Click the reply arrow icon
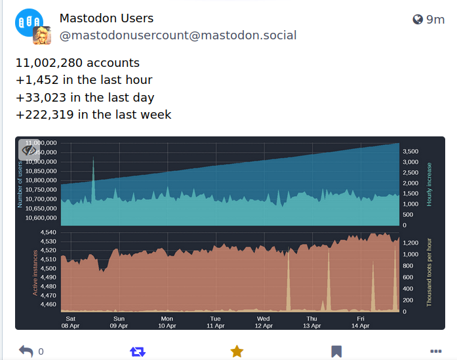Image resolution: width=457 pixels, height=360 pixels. pos(26,351)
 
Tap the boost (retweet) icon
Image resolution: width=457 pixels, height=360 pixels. pos(137,351)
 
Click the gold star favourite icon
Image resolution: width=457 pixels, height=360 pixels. pos(237,351)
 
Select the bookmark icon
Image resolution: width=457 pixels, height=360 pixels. pos(336,351)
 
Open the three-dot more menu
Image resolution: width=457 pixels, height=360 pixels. pos(435,351)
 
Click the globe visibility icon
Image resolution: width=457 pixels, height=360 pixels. pos(418,20)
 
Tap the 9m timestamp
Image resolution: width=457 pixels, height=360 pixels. pos(435,20)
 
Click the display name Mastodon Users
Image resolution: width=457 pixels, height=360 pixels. pos(106,18)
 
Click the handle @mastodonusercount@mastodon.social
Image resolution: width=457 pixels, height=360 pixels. pos(178,35)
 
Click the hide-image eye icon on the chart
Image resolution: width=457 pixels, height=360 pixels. pos(30,150)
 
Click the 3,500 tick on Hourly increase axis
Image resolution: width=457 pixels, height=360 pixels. pos(410,151)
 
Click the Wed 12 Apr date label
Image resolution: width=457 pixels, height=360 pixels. pos(263,322)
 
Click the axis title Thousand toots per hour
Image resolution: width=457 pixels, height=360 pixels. pos(430,272)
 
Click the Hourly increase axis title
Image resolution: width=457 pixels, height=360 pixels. pos(430,185)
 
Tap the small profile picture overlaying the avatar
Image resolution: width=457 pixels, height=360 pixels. pos(42,35)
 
